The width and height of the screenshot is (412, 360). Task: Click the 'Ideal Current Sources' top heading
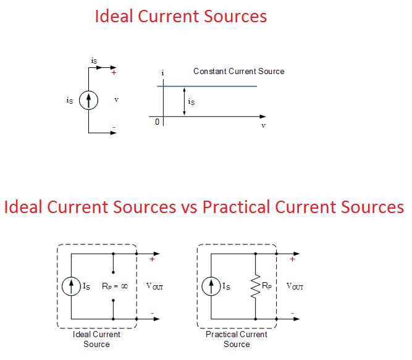(x=181, y=16)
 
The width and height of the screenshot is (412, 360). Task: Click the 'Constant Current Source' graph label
(x=238, y=72)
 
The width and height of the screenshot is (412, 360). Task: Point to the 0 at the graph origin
(x=157, y=122)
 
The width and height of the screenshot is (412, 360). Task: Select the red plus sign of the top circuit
(x=114, y=73)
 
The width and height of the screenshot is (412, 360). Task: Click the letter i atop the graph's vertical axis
(x=162, y=73)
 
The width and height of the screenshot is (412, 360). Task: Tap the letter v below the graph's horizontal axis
(x=263, y=125)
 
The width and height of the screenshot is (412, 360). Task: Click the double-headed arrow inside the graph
(x=184, y=101)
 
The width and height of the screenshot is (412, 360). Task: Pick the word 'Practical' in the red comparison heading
(x=237, y=207)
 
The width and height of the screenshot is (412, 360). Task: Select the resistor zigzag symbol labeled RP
(x=254, y=286)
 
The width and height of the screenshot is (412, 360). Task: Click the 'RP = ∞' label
(x=115, y=287)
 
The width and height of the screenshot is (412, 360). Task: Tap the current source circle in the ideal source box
(x=71, y=286)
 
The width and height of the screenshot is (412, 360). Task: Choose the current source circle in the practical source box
(x=211, y=286)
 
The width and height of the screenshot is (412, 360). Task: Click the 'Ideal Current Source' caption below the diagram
(x=96, y=339)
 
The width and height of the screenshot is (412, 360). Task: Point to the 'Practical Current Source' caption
(x=237, y=339)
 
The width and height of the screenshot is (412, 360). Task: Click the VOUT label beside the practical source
(x=295, y=287)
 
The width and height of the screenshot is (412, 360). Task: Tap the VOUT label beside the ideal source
(x=154, y=287)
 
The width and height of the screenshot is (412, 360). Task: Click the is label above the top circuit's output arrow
(x=94, y=61)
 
